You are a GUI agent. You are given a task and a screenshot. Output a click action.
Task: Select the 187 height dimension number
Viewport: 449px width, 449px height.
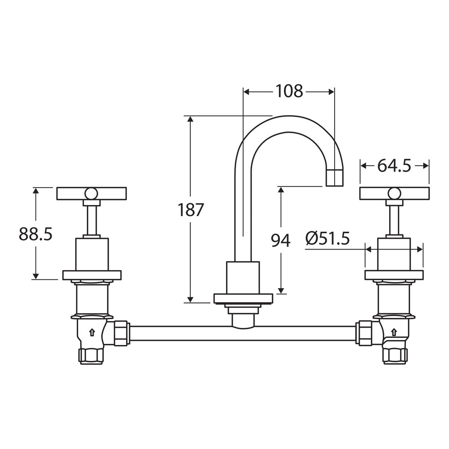(190, 210)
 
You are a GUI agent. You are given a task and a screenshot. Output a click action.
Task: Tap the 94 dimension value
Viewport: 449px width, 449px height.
(281, 240)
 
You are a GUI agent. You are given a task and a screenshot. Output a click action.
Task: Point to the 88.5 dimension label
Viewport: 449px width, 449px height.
(36, 234)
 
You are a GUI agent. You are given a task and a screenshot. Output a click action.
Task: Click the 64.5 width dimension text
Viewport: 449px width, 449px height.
(394, 166)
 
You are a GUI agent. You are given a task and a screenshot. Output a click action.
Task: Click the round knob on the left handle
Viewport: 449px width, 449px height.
(91, 193)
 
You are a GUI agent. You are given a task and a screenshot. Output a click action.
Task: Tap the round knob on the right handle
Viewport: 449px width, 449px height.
(394, 193)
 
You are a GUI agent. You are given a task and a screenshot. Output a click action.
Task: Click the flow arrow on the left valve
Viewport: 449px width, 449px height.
(92, 333)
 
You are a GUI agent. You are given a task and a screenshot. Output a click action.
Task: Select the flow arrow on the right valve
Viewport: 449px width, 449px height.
(394, 333)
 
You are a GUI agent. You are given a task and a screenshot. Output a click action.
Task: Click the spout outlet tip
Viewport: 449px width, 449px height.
(335, 178)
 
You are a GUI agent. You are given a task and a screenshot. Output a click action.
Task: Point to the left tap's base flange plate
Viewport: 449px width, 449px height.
(92, 275)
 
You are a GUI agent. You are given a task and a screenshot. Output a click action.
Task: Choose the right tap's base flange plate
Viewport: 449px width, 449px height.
(394, 275)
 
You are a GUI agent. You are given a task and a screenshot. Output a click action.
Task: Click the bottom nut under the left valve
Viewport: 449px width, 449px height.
(91, 356)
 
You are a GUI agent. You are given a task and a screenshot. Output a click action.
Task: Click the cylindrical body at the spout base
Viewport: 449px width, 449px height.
(243, 278)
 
